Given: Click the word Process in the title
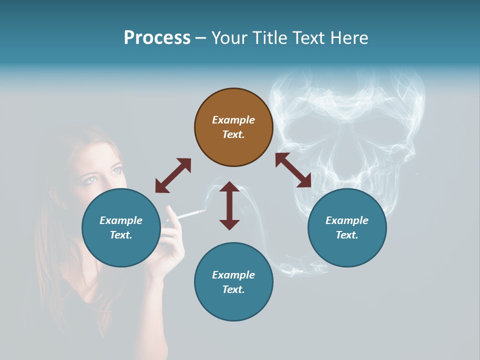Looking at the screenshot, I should click(x=157, y=38).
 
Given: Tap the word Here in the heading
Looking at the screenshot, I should click(x=348, y=38).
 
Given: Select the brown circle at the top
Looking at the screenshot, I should click(x=233, y=127).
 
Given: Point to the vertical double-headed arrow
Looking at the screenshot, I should click(x=229, y=205).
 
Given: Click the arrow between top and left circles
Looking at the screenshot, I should click(x=173, y=175).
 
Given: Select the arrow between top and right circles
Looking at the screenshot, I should click(x=293, y=170).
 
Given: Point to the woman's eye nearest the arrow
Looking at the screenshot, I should click(x=116, y=170).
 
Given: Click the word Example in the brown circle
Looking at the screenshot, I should click(x=233, y=120).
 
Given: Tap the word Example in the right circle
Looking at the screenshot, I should click(x=347, y=220).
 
